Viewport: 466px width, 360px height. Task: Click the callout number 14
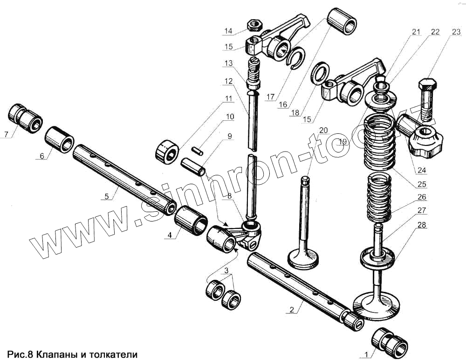pyautogui.click(x=227, y=31)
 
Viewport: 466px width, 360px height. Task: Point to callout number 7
pyautogui.click(x=6, y=135)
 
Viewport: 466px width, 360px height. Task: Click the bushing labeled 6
pyautogui.click(x=60, y=139)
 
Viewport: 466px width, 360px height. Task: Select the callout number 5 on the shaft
pyautogui.click(x=107, y=197)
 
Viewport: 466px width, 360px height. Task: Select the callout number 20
pyautogui.click(x=323, y=130)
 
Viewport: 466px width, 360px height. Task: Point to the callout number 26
pyautogui.click(x=421, y=197)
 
